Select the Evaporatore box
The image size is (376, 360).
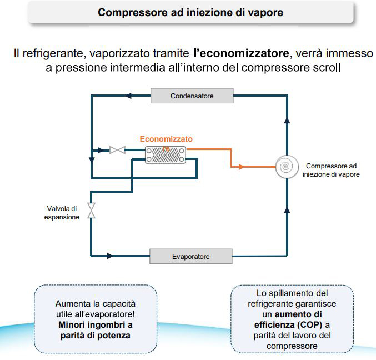click(190, 257)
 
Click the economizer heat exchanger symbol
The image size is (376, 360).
click(165, 155)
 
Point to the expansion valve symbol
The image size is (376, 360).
click(92, 209)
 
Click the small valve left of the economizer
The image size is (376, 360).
click(117, 150)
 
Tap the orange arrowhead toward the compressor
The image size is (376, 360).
click(240, 166)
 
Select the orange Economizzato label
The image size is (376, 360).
click(166, 139)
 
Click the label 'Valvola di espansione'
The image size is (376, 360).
click(62, 213)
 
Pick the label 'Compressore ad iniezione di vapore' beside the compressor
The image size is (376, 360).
click(331, 170)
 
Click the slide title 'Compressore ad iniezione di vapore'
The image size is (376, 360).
click(190, 12)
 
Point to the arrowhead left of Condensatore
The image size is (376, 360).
click(128, 96)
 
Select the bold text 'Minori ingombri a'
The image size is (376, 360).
click(96, 324)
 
